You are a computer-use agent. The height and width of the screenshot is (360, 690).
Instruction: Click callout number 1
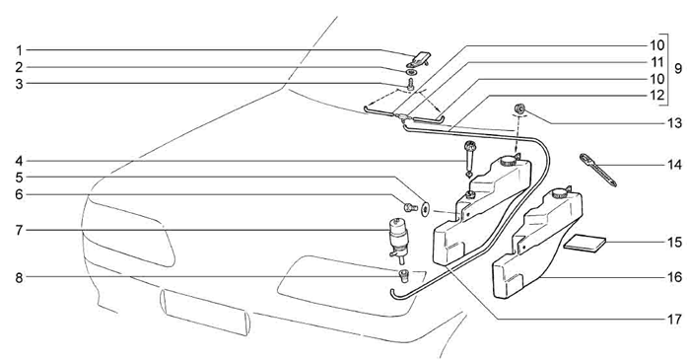point(19,49)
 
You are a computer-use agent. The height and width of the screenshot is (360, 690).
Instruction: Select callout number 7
point(19,230)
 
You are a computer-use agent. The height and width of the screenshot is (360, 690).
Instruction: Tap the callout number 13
point(674,122)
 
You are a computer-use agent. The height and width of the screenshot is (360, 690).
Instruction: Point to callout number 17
point(674,319)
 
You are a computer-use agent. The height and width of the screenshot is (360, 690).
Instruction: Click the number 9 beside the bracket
point(678,69)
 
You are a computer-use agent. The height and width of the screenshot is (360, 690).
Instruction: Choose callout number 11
point(656,62)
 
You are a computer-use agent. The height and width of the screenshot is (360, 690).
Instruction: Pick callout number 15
point(674,243)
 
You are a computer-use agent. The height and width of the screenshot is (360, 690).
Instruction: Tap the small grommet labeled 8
point(403,276)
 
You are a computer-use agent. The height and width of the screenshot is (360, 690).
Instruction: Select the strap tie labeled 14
point(598,170)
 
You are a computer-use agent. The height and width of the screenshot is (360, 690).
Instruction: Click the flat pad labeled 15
point(585,244)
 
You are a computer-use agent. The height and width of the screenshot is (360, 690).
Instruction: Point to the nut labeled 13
point(519,108)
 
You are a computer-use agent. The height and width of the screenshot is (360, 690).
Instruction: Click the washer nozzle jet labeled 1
point(420,58)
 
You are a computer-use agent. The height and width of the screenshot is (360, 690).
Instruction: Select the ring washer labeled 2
point(411,72)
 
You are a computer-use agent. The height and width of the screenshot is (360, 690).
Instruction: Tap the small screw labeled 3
point(410,84)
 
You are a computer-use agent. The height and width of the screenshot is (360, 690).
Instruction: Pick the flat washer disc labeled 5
point(426,208)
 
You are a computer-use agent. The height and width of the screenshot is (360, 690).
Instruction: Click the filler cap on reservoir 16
point(560,192)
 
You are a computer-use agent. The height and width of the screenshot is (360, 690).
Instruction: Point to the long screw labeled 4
point(469,158)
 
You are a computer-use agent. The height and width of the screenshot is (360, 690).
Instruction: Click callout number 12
point(656,96)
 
